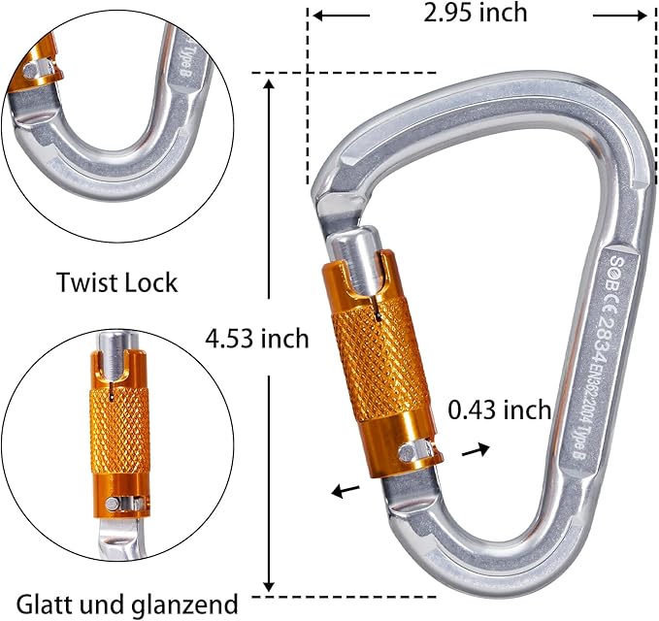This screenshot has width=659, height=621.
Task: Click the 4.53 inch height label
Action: [x=256, y=339]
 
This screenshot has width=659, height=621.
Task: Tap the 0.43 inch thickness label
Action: [x=499, y=409]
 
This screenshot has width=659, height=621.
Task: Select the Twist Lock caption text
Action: [x=116, y=282]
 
